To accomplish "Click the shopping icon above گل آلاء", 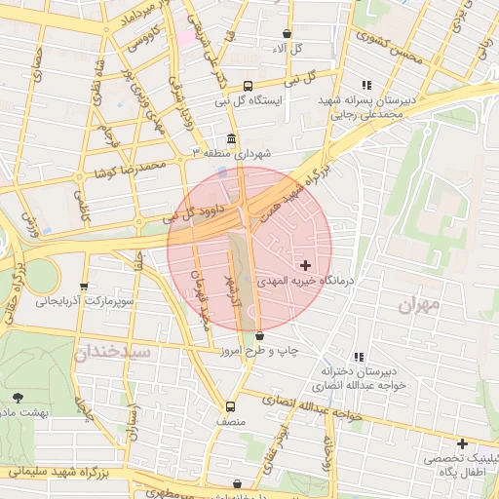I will click(x=286, y=33).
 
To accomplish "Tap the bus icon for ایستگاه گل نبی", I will click(x=248, y=85).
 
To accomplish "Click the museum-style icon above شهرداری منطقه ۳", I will click(x=231, y=138).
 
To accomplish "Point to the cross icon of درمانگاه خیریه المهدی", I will click(x=306, y=264).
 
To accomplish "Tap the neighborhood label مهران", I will click(x=419, y=305).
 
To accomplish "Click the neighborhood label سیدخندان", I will click(x=113, y=350).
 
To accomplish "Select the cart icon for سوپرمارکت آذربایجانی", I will click(x=84, y=287).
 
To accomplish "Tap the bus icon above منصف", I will click(x=230, y=406).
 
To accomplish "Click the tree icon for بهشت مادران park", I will click(x=18, y=397).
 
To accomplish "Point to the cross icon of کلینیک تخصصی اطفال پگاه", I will click(x=462, y=444).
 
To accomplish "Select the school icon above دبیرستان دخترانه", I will click(x=360, y=357).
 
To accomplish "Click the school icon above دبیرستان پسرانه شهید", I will click(x=366, y=85).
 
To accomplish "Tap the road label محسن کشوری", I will click(x=389, y=45).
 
